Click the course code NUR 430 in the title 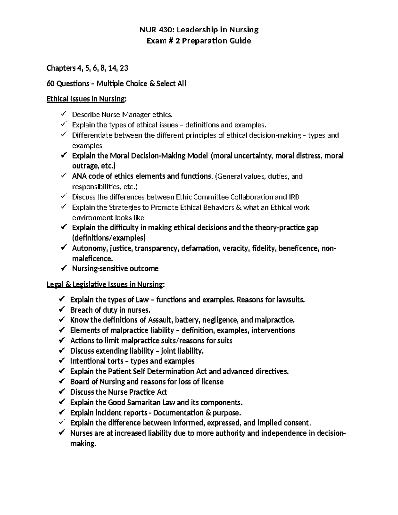tap(155, 30)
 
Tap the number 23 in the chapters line tap(124, 68)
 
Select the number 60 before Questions tap(51, 84)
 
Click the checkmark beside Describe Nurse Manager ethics tap(63, 114)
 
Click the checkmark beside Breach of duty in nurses tap(62, 310)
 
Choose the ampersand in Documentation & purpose tap(208, 413)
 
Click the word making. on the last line tap(83, 444)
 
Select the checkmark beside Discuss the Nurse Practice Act tap(62, 392)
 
